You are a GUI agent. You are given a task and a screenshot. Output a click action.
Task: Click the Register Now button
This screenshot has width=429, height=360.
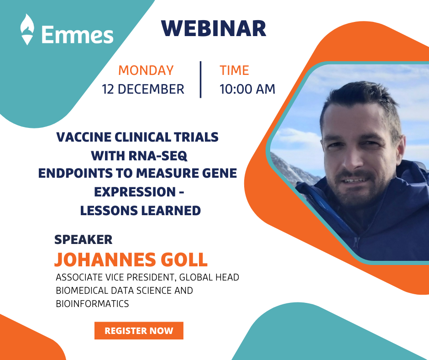click(139, 330)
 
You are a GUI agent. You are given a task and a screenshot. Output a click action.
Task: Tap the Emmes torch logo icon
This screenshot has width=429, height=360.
click(27, 29)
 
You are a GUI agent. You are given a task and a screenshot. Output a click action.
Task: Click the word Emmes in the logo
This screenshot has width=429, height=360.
click(78, 35)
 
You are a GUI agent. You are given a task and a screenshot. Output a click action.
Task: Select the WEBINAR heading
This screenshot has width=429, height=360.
click(214, 28)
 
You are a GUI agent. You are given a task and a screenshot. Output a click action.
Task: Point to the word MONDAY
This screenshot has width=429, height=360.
click(146, 70)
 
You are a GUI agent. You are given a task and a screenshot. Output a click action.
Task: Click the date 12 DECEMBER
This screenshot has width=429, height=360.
click(143, 90)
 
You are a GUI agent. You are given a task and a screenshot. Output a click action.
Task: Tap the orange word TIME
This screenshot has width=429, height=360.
click(234, 70)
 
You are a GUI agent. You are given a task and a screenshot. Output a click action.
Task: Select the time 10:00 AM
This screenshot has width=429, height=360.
click(247, 90)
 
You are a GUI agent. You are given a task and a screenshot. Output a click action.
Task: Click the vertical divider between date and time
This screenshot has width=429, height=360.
click(201, 79)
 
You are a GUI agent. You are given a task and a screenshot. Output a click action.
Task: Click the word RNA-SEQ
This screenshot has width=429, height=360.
click(158, 156)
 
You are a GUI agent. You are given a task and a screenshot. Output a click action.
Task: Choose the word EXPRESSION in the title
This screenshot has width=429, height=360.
click(135, 192)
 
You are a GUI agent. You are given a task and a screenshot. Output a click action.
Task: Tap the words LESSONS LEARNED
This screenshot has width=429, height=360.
click(141, 211)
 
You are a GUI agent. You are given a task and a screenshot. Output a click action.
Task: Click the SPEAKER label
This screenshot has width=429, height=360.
click(83, 240)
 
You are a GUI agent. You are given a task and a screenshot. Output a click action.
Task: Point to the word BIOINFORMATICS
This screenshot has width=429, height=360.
click(92, 304)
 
